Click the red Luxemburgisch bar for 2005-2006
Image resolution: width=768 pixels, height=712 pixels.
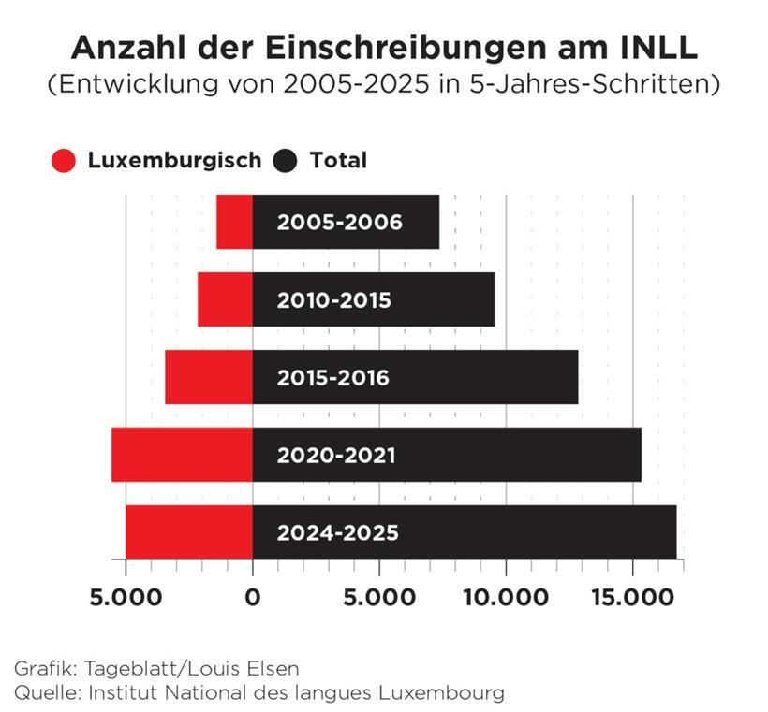pyautogui.click(x=234, y=222)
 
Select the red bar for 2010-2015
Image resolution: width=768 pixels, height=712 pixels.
pyautogui.click(x=225, y=299)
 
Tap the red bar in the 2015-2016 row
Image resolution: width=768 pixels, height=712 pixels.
pyautogui.click(x=209, y=377)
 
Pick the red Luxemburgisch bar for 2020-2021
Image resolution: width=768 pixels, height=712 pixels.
pyautogui.click(x=182, y=455)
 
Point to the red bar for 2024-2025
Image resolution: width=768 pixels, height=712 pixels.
pyautogui.click(x=189, y=531)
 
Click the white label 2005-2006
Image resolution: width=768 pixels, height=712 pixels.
pyautogui.click(x=339, y=223)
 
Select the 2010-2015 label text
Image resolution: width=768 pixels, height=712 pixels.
pyautogui.click(x=333, y=300)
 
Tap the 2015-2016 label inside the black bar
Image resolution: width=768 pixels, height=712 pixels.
pyautogui.click(x=332, y=378)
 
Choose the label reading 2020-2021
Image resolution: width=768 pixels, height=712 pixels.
pyautogui.click(x=335, y=456)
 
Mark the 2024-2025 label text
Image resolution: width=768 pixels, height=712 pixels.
pyautogui.click(x=337, y=533)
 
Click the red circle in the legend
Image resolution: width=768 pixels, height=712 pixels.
pyautogui.click(x=64, y=161)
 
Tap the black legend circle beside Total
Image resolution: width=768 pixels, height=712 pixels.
pyautogui.click(x=286, y=161)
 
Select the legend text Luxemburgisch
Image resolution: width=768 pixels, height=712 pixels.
pyautogui.click(x=174, y=160)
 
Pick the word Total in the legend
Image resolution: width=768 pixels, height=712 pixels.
pyautogui.click(x=338, y=160)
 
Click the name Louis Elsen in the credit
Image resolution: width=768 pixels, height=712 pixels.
pyautogui.click(x=254, y=669)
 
